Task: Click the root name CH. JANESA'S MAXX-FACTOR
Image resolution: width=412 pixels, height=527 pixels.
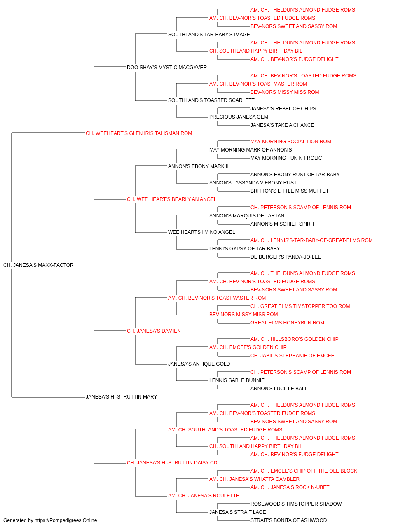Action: (38, 265)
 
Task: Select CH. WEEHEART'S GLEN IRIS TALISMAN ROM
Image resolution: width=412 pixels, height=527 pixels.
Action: (139, 133)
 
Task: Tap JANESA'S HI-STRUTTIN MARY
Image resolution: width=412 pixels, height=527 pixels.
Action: (121, 397)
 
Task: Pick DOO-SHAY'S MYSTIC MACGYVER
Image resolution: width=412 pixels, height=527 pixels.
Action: (167, 68)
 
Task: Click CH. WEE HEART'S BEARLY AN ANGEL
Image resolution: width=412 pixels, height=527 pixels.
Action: (171, 199)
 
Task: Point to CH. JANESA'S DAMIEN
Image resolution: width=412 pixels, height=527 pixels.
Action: (154, 331)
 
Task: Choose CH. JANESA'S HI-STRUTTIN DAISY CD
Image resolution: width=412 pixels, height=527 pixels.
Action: (172, 463)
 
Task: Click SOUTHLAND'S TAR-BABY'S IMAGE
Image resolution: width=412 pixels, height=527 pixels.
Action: (209, 35)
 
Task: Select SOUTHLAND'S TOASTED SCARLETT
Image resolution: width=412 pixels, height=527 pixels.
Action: (211, 100)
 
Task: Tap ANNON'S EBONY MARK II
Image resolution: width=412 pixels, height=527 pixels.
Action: (198, 166)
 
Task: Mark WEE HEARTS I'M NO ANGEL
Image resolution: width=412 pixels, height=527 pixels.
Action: (201, 232)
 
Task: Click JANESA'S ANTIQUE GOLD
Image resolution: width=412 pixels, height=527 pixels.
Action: (199, 364)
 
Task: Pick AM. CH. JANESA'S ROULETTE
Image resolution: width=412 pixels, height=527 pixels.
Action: (204, 496)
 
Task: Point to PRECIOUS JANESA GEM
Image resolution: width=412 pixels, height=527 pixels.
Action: (239, 117)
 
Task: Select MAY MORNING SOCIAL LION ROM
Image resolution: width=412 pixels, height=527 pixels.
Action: (291, 142)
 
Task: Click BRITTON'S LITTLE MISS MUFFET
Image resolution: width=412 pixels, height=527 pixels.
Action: (290, 191)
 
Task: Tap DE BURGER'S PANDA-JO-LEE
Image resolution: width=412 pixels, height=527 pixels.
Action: (286, 257)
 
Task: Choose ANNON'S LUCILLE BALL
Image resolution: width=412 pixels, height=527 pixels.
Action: (279, 389)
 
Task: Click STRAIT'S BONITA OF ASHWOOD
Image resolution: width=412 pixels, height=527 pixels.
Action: (288, 520)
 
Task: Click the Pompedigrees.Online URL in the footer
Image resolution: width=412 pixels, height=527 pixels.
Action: (66, 520)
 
